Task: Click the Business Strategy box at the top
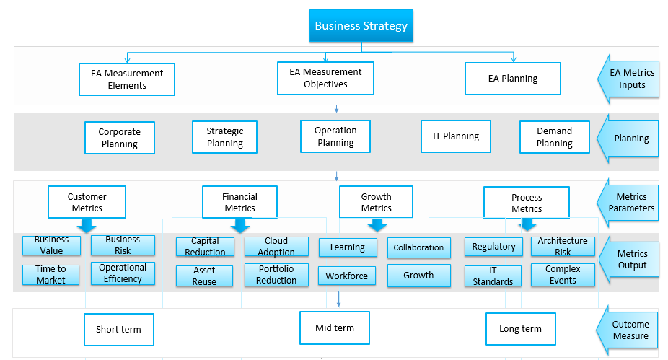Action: click(x=361, y=26)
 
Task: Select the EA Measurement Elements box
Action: click(x=127, y=79)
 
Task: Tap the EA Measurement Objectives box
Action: click(x=325, y=78)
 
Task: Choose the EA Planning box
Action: click(x=512, y=79)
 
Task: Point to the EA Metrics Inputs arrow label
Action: click(x=631, y=79)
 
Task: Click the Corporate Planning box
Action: click(x=119, y=138)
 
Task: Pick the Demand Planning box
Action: click(x=554, y=137)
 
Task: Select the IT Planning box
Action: click(x=455, y=136)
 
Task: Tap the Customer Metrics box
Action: click(x=87, y=202)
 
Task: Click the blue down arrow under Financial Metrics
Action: click(x=240, y=227)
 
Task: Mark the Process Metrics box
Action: click(x=526, y=203)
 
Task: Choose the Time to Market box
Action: click(x=50, y=274)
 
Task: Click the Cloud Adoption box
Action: click(x=276, y=247)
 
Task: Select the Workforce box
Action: click(x=346, y=276)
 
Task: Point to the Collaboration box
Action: click(x=418, y=247)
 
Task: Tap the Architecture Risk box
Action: click(x=563, y=246)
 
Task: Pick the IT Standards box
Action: click(x=493, y=276)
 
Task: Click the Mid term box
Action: click(x=335, y=328)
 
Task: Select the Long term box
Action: click(x=520, y=329)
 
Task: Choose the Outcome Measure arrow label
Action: click(x=630, y=330)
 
